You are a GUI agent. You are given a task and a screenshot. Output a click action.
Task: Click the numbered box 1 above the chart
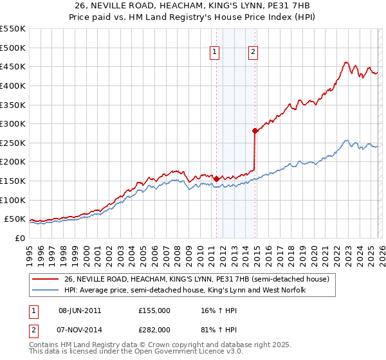tap(214, 53)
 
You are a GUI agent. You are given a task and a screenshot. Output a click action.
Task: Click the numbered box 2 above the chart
tap(253, 53)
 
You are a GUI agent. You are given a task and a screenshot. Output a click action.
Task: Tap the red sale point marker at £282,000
tap(255, 130)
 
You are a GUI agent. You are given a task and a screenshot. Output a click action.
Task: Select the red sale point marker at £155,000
tap(216, 179)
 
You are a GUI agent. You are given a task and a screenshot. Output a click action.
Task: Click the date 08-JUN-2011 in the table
tap(80, 310)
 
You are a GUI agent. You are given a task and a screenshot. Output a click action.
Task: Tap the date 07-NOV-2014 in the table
tap(80, 330)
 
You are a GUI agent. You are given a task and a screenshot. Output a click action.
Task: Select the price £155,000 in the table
tap(154, 310)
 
